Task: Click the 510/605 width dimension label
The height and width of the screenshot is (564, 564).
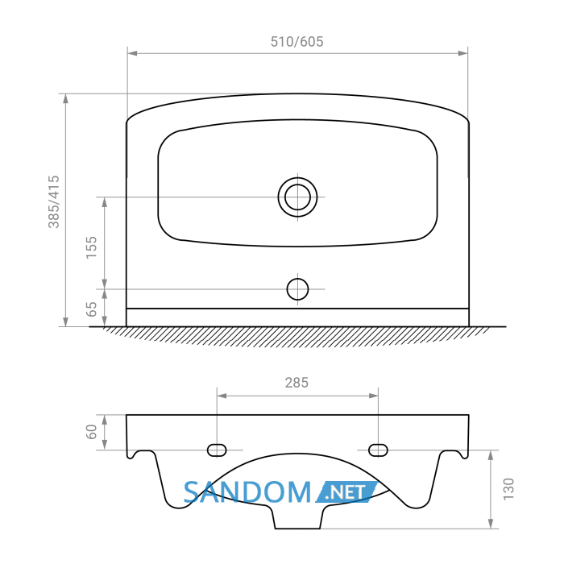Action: point(297,42)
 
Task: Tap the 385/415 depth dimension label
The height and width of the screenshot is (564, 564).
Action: point(54,201)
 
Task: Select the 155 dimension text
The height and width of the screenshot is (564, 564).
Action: point(91,247)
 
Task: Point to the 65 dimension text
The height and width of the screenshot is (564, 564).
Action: point(91,309)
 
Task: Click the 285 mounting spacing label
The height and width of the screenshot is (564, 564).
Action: point(297,383)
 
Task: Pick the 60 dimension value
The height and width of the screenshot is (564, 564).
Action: point(91,432)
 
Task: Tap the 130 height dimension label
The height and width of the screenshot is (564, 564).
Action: point(508,489)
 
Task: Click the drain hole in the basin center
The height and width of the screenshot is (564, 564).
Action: point(297,197)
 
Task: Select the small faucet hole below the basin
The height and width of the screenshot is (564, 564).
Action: point(297,289)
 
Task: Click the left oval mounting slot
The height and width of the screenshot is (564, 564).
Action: point(217,450)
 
